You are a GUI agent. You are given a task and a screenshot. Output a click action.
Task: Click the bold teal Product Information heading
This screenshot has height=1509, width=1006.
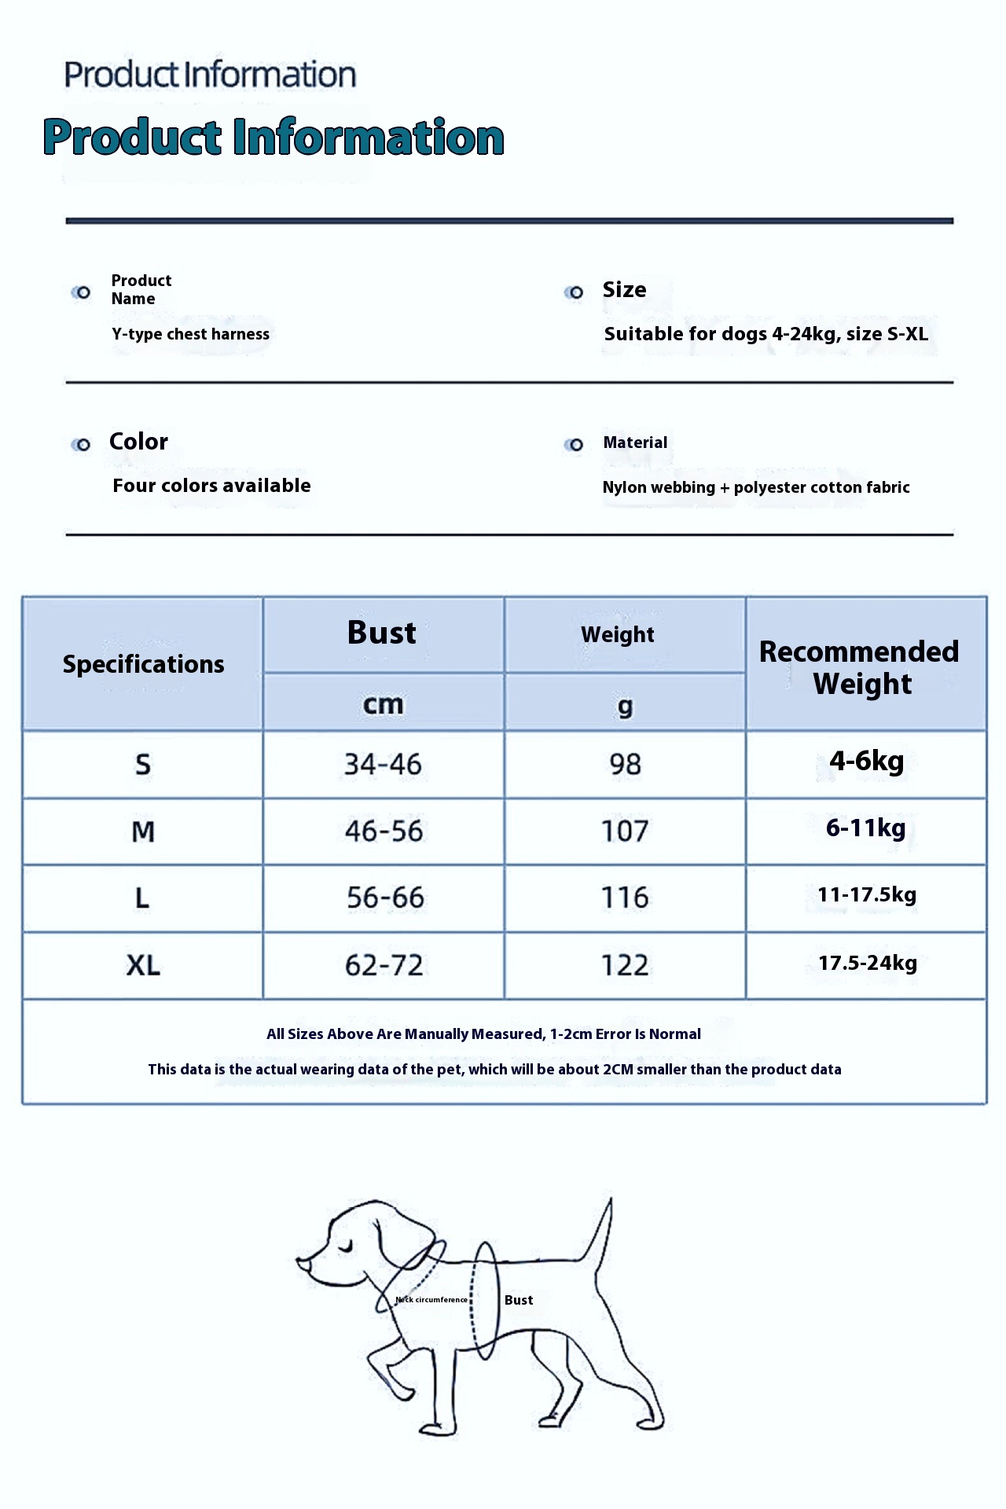click(x=274, y=138)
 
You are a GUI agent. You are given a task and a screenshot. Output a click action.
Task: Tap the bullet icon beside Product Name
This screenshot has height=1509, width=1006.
click(x=81, y=292)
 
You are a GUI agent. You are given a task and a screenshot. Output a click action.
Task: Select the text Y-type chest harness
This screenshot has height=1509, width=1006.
click(x=190, y=334)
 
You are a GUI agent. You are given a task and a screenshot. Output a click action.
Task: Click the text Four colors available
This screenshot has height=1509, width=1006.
click(x=211, y=486)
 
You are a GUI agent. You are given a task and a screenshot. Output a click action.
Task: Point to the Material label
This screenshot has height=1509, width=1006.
click(x=635, y=442)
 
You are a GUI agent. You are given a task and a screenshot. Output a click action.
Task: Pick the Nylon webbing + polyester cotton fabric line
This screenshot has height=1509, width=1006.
click(x=755, y=487)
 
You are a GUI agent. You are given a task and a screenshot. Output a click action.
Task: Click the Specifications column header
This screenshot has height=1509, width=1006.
click(x=143, y=664)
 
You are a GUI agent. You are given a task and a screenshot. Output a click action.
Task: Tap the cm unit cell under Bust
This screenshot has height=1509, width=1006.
click(x=383, y=704)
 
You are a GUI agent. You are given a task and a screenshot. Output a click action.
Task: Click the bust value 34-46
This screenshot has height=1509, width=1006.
click(x=383, y=764)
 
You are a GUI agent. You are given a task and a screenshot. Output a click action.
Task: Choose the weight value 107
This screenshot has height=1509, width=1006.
click(x=625, y=832)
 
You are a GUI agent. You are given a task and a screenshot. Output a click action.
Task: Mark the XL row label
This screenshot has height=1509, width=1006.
click(x=143, y=965)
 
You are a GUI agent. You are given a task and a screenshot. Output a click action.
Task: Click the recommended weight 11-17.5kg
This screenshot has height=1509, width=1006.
click(x=867, y=895)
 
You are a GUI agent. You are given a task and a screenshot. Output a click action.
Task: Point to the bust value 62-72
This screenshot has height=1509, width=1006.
click(x=384, y=965)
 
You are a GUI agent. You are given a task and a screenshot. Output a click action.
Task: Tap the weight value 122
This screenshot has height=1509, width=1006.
click(x=625, y=965)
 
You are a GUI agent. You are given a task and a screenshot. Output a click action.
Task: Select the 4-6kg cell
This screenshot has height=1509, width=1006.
click(x=866, y=761)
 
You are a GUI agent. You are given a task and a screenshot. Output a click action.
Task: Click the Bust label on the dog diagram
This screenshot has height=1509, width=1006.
click(x=519, y=1301)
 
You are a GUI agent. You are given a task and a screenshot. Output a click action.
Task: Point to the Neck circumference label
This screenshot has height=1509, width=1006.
click(x=431, y=1300)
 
